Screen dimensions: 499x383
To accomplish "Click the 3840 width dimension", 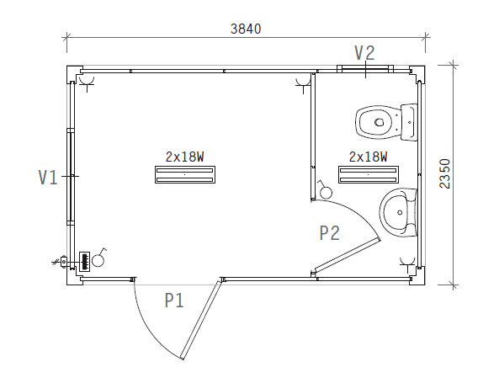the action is [x=246, y=29].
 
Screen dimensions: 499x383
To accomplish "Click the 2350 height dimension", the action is [x=445, y=174].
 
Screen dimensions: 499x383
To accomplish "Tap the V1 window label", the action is [x=48, y=178].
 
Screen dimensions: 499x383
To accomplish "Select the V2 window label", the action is [x=365, y=53].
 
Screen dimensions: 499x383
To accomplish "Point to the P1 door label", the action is [x=174, y=301].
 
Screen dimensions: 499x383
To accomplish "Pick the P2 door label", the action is [x=330, y=232].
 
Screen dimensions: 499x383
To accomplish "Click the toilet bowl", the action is [x=378, y=122].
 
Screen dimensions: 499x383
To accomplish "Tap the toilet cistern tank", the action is [x=409, y=122].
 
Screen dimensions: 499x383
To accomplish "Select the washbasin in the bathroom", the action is [x=398, y=212].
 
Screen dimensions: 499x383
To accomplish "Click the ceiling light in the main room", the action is [x=185, y=174].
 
